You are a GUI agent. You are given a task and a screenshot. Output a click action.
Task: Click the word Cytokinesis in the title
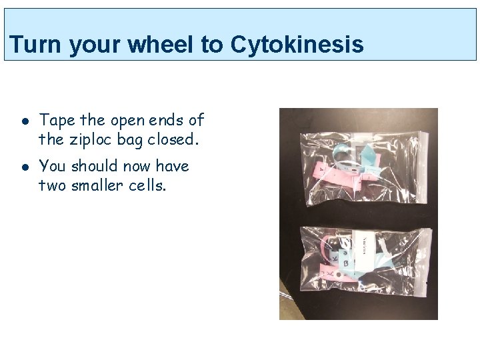point(297,45)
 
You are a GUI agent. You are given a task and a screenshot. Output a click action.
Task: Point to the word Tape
point(57,120)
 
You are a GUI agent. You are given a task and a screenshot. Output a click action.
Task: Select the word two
point(51,185)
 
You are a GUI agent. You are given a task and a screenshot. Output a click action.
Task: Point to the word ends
point(165,120)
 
